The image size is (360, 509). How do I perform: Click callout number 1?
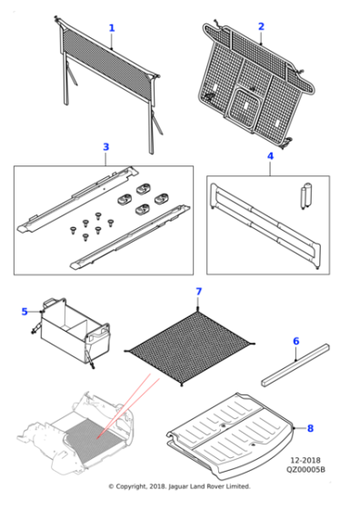point(112,28)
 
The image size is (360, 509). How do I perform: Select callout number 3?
point(105,147)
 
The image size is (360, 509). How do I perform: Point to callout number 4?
point(269,157)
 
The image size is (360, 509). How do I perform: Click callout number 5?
point(25,312)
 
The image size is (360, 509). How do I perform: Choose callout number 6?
point(295,341)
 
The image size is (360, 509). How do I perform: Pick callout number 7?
point(198,292)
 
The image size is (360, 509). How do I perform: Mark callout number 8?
point(309,427)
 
